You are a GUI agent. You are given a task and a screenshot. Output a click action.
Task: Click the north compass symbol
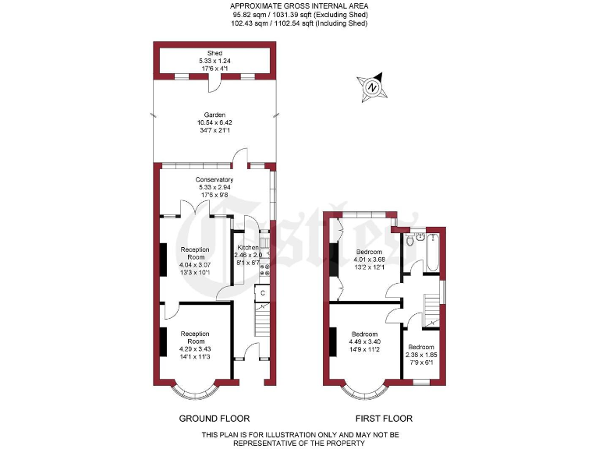point(372,88)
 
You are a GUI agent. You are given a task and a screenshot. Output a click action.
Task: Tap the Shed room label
point(214,53)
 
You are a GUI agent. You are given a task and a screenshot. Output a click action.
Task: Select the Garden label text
point(214,114)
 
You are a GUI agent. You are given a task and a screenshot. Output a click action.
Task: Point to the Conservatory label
point(214,179)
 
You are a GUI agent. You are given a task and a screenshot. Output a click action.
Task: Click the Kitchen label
point(248,248)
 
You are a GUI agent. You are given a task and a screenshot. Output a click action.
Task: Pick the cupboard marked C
point(263,293)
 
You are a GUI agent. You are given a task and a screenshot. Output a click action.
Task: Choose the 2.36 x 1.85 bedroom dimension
point(421,354)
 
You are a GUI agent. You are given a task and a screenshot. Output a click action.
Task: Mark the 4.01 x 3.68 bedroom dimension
point(370,260)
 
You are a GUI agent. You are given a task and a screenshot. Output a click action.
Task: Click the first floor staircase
point(431,309)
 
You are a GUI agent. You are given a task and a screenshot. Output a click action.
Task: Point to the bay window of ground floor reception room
point(197,386)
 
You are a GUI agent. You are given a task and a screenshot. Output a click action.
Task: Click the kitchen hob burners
point(264,270)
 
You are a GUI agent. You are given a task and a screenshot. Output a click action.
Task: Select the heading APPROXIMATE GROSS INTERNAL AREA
point(299,6)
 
